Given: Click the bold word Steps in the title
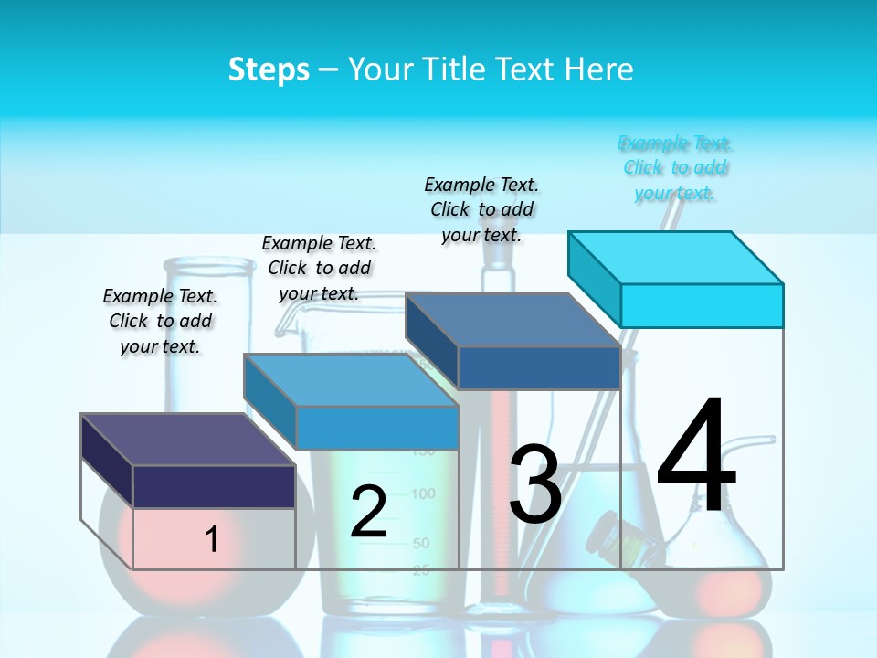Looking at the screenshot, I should [269, 69].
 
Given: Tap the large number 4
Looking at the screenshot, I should [696, 457].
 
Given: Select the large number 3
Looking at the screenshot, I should [534, 483].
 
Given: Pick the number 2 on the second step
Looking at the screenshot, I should [368, 511].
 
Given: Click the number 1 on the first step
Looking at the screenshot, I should [211, 539].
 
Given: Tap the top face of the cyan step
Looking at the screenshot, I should [676, 257].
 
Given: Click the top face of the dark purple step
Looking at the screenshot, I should [188, 439].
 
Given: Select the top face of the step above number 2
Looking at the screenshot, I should [351, 379].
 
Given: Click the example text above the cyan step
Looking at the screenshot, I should [675, 168].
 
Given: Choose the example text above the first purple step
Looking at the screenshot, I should [160, 321].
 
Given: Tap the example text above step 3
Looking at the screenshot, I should [481, 209].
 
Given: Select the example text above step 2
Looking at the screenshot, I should [319, 268].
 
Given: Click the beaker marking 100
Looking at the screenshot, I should [423, 494].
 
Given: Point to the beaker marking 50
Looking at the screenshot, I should [420, 544].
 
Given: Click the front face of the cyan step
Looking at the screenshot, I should [702, 305].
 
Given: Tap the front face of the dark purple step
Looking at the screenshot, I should [214, 486].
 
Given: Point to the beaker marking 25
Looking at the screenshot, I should [420, 571].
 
